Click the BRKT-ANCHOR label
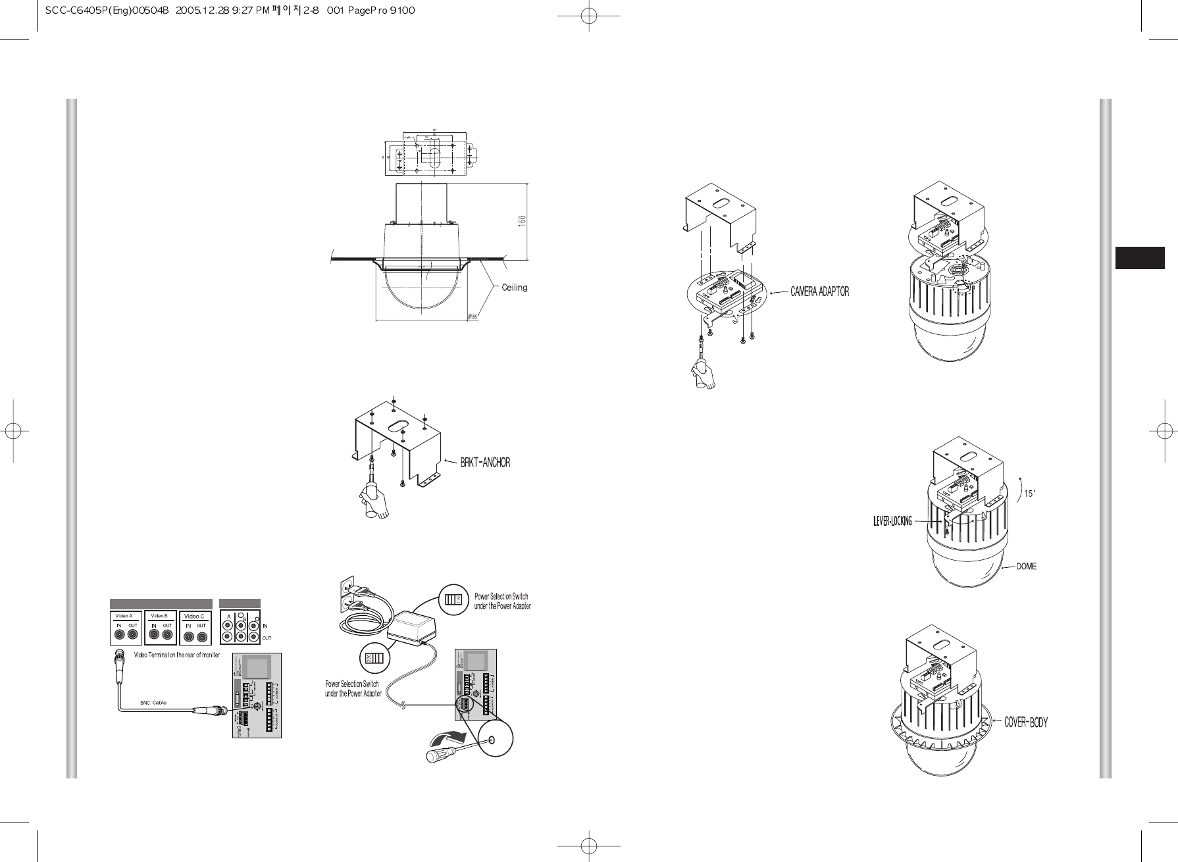point(484,463)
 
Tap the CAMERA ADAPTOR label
point(819,292)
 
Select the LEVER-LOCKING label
point(892,521)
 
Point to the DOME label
point(1026,566)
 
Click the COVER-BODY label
point(1025,722)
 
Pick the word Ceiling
point(515,287)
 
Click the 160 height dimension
point(521,221)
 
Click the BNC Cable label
point(153,702)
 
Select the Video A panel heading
point(124,616)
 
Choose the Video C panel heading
point(193,616)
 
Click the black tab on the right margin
point(1139,257)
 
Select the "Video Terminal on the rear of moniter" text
point(177,655)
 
